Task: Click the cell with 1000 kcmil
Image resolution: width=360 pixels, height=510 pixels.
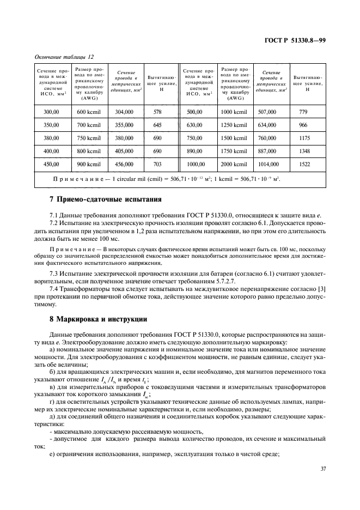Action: pos(234,112)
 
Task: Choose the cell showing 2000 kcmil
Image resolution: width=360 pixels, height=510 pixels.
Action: pos(234,163)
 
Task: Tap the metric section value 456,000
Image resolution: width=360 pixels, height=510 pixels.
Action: pos(124,163)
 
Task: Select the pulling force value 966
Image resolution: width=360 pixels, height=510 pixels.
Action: pos(304,125)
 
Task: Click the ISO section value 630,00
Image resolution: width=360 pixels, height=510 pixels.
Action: pos(194,125)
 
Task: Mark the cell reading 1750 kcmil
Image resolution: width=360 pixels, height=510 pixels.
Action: pos(234,150)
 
